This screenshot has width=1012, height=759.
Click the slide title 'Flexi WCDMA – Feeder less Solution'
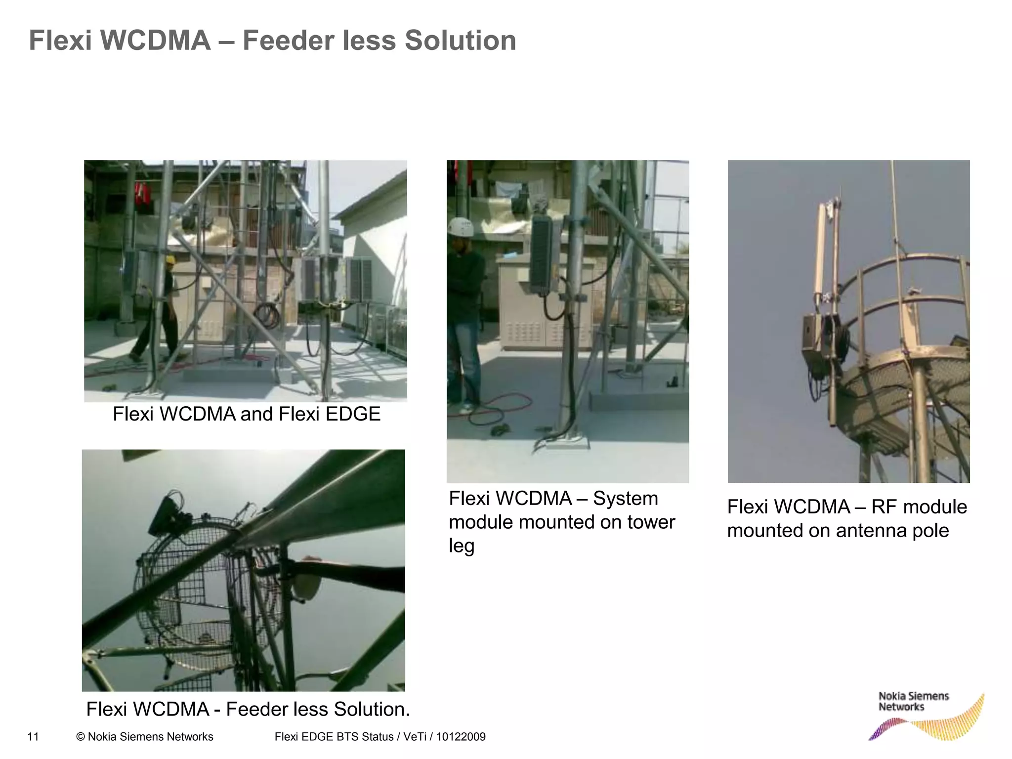pos(272,41)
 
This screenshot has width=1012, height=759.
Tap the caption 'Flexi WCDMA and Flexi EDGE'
pos(247,414)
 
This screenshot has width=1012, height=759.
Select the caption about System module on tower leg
pos(562,522)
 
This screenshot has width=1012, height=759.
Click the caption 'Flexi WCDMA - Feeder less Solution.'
pos(248,709)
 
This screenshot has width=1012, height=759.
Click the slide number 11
pos(33,737)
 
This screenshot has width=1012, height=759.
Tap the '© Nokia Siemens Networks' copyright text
pos(145,737)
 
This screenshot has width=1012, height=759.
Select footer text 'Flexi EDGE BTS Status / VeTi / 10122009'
pos(379,737)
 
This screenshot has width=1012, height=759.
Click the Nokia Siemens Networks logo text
pos(913,702)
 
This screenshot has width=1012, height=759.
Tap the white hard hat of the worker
pos(461,227)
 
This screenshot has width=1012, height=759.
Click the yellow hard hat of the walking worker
pos(170,260)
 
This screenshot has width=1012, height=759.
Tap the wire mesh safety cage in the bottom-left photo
pos(208,593)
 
